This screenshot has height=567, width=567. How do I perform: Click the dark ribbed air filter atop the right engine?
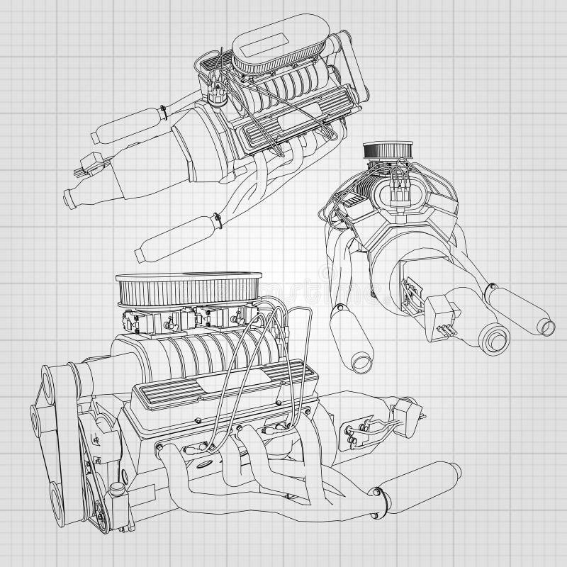[x=383, y=151]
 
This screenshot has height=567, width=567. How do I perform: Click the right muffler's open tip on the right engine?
[x=544, y=326]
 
